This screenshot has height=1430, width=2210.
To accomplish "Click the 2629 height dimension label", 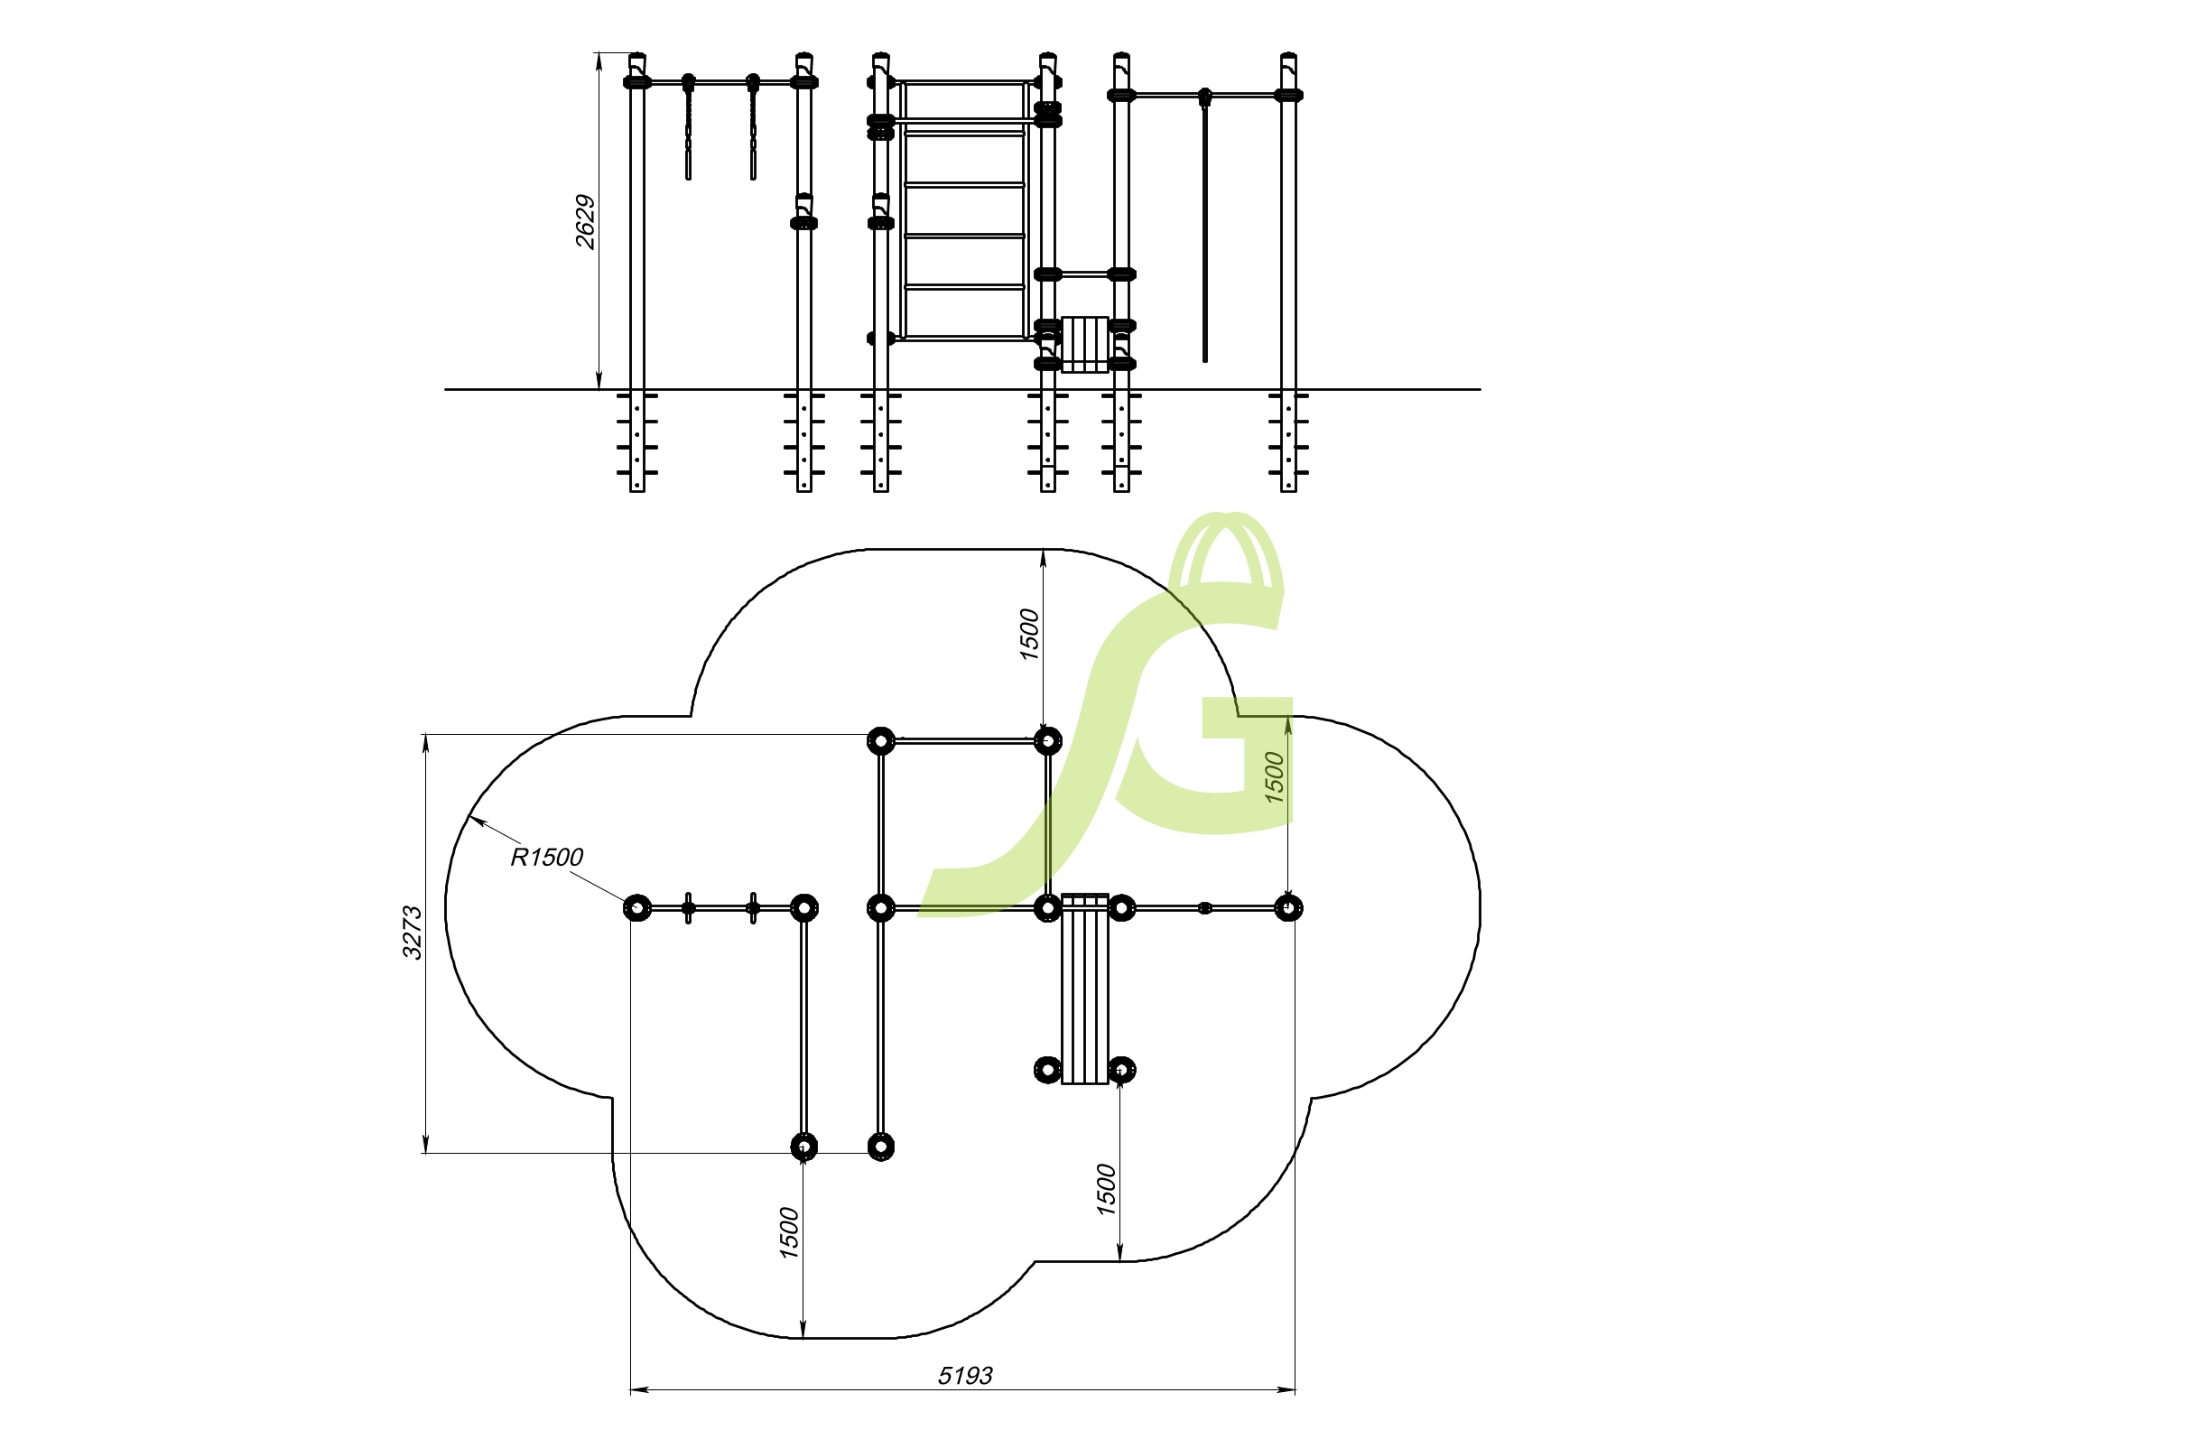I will click(x=585, y=221).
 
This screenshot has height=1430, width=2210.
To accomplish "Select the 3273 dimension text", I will click(x=412, y=932).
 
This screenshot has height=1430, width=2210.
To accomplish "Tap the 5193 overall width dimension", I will click(x=965, y=1375).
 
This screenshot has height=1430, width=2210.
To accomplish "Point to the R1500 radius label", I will click(x=547, y=857).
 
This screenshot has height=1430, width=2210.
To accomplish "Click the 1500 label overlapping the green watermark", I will click(x=1274, y=777).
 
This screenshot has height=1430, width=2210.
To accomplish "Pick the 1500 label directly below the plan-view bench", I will click(x=1105, y=1189).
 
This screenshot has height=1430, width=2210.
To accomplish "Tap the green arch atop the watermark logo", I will click(x=1226, y=548).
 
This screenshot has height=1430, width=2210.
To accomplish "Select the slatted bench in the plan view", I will click(x=1084, y=989).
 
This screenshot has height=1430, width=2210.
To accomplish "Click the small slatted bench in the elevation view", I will click(x=1084, y=345).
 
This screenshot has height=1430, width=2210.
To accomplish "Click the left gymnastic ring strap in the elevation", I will click(x=688, y=135).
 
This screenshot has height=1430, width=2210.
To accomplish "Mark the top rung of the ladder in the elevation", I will click(x=964, y=135).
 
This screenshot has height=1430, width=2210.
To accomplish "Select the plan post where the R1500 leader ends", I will click(x=637, y=907).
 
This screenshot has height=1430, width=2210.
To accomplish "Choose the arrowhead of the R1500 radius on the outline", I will click(x=475, y=819).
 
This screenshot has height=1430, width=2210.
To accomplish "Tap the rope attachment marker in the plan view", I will click(x=1205, y=907).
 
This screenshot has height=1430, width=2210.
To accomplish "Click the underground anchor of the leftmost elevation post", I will click(x=637, y=441).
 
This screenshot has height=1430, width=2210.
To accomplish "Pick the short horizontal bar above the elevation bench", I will click(x=1084, y=274).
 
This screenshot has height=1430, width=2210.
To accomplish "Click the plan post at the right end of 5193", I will click(x=1288, y=907).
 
